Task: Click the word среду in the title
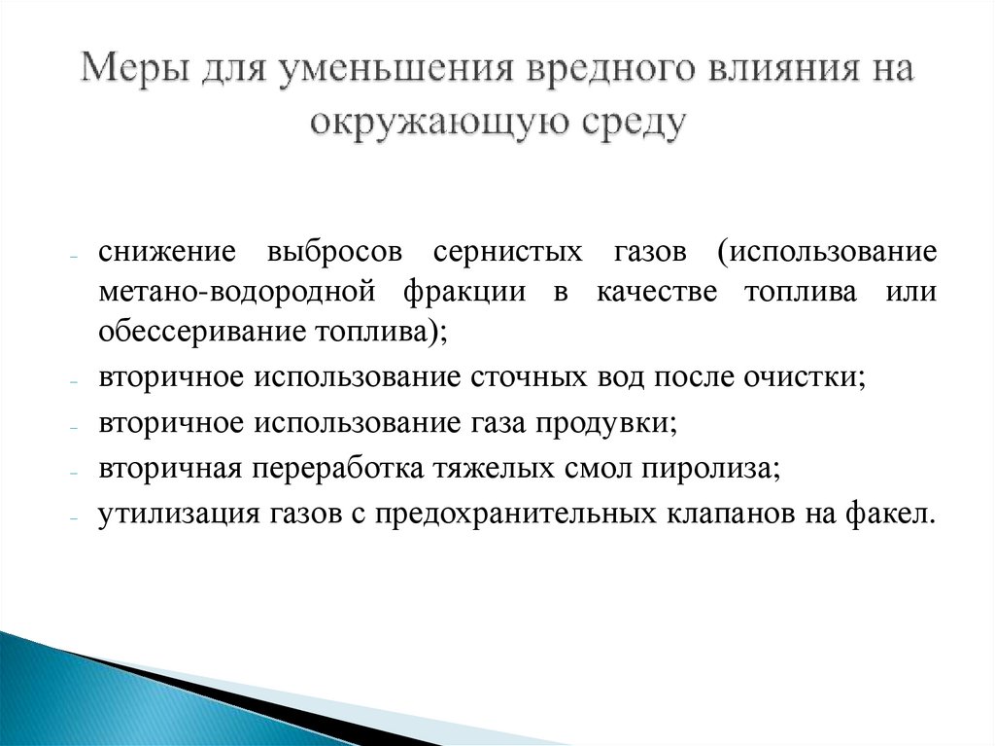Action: (630, 124)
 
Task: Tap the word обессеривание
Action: (201, 331)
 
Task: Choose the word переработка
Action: (336, 469)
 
